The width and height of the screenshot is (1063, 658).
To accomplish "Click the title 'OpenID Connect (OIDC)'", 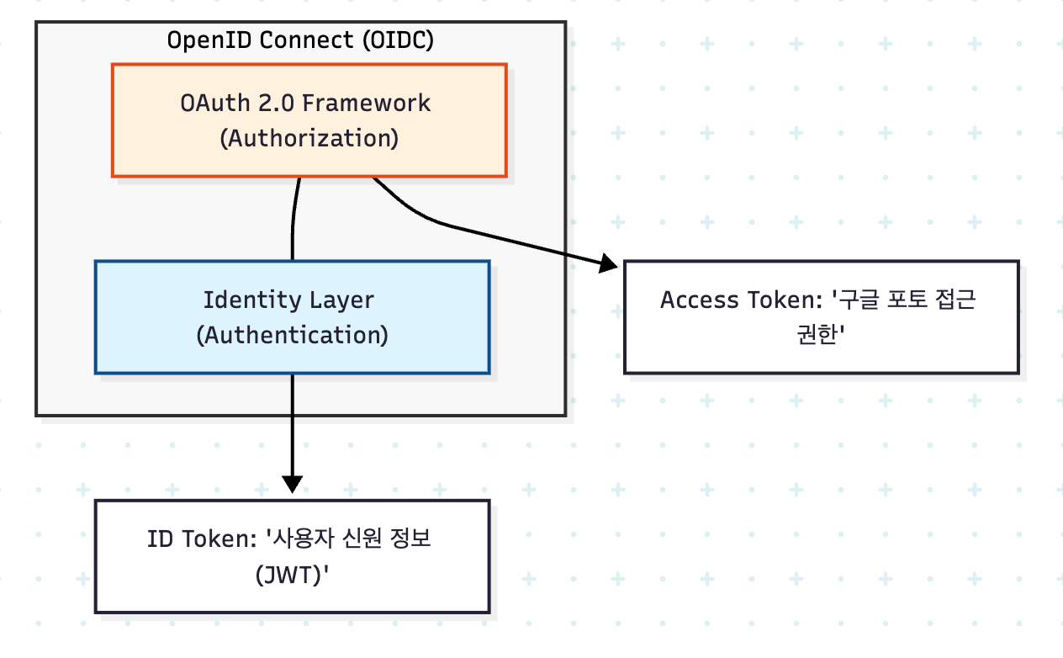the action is click(300, 40).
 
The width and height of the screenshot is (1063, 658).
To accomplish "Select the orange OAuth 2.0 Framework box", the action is click(309, 120).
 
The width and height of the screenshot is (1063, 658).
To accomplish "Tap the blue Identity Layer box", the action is click(293, 317).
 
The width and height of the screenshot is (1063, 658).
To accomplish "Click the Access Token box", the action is click(822, 317).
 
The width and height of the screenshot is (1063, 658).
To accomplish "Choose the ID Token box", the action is click(293, 556).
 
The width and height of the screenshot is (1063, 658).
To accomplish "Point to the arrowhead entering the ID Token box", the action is click(293, 484).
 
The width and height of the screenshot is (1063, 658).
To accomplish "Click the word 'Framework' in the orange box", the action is click(366, 103).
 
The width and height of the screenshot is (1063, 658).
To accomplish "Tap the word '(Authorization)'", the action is click(309, 139).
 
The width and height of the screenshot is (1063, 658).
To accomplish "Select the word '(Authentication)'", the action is click(293, 335).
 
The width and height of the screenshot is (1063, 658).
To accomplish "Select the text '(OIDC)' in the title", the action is click(398, 40).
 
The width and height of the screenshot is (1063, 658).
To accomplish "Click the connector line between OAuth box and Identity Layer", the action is click(293, 219).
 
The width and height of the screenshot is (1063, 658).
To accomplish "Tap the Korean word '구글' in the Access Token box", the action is click(859, 300).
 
